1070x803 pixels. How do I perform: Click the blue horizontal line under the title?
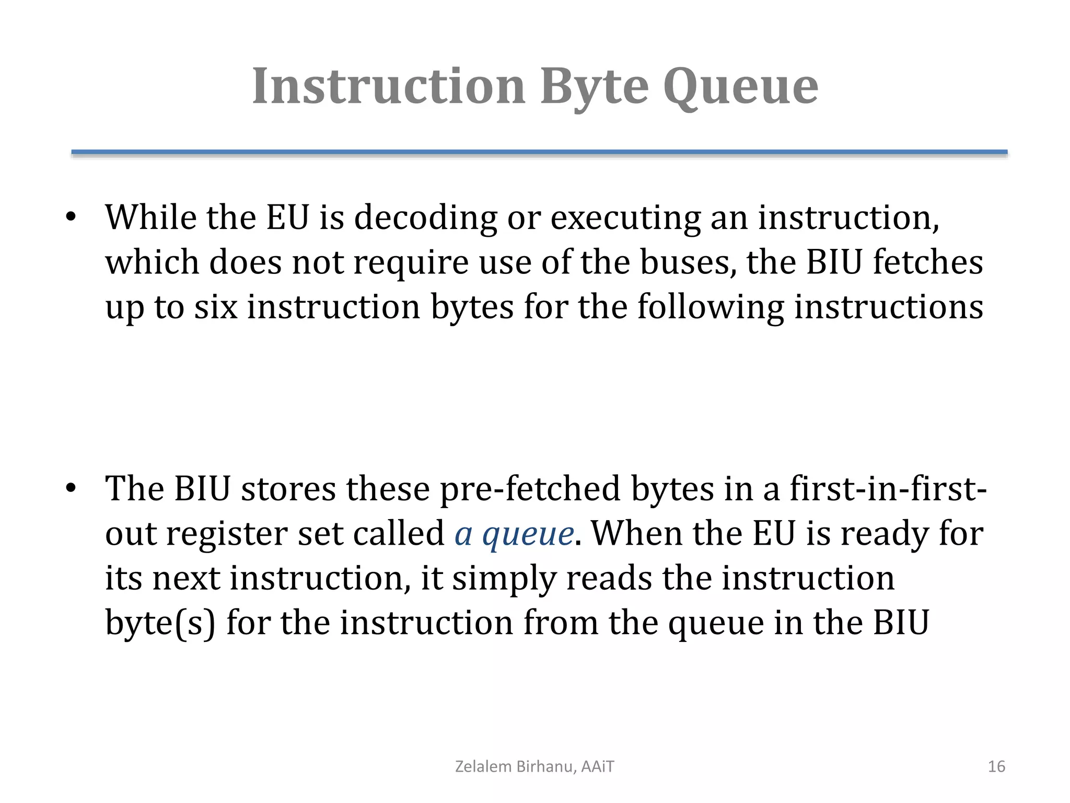[539, 152]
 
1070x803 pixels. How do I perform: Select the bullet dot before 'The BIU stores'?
[71, 489]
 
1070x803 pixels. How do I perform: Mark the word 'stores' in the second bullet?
[288, 489]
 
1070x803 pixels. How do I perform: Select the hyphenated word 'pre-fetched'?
[529, 489]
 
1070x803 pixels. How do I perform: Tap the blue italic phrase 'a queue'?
[514, 534]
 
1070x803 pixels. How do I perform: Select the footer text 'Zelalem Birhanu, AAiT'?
[534, 766]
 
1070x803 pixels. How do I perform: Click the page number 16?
[996, 766]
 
